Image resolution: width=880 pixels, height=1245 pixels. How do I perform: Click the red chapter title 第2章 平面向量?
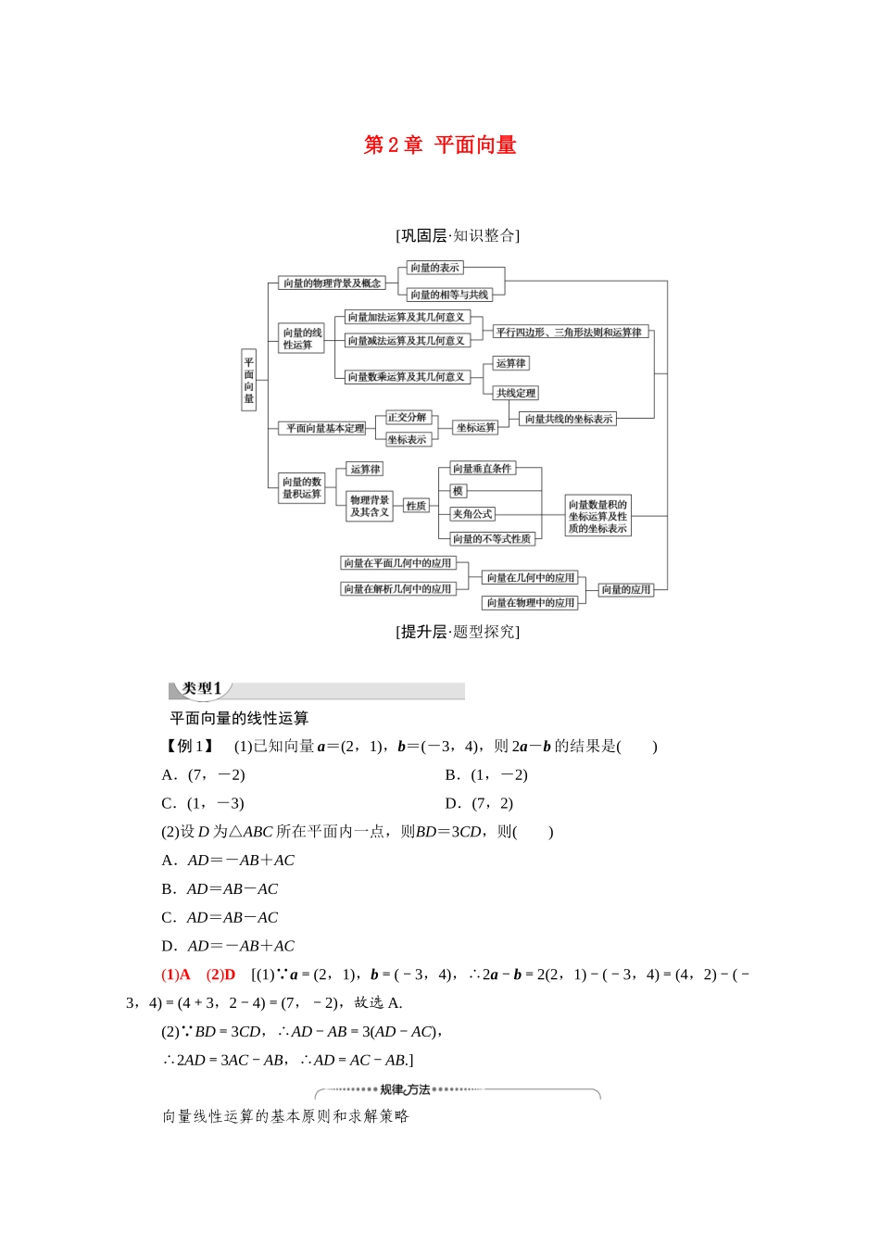point(440,145)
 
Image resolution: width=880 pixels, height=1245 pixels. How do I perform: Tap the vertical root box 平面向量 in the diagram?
point(248,380)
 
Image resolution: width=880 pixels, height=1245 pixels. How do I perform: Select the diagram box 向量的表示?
point(434,268)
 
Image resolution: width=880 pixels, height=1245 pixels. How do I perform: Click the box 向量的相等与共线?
point(449,295)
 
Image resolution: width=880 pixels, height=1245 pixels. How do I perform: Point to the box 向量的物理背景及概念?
point(332,283)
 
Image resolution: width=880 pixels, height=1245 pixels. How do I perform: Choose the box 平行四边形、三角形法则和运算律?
point(569,332)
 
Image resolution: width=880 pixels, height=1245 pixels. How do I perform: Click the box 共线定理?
point(515,393)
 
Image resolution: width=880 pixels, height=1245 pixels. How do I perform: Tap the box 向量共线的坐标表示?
point(568,419)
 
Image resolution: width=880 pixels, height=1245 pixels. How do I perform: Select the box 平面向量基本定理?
point(323,428)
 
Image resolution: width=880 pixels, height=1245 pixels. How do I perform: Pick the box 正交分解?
point(407,418)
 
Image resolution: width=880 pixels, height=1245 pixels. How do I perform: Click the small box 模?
point(458,491)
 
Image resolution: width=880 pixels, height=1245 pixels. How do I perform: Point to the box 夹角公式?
point(472,514)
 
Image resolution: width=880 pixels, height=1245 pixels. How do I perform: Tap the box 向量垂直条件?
point(482,469)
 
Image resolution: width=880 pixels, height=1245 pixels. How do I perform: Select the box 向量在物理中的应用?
point(531,602)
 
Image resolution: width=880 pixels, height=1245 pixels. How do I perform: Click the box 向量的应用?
point(626,589)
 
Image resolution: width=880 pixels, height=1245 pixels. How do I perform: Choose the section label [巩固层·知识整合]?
point(458,235)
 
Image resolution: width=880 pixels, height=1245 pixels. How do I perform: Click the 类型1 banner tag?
point(201,689)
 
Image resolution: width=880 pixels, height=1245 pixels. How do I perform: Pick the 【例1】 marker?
point(189,747)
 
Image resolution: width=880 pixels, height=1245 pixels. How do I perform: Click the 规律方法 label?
point(405,1089)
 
